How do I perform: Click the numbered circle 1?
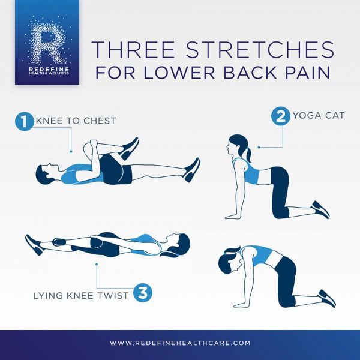coord(25,121)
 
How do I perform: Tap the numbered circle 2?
coord(281,116)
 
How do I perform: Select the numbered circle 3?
coord(143,293)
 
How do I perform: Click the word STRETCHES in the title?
coord(260,50)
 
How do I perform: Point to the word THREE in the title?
coord(133,50)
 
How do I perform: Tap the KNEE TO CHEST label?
coord(76,121)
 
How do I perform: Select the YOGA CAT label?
coord(319,115)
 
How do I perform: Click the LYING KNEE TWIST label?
coord(81,295)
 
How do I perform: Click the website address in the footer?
coord(180,343)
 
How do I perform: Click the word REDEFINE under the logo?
coord(49,69)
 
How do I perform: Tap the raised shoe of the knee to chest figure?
coord(130,148)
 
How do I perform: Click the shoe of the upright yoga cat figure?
coord(321,209)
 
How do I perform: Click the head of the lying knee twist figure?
coord(178,245)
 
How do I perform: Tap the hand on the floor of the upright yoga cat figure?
coord(232,217)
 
